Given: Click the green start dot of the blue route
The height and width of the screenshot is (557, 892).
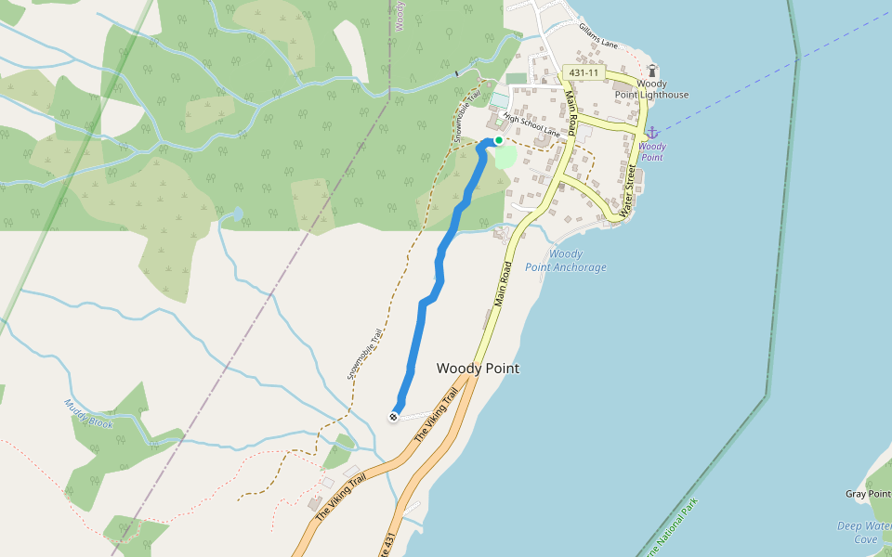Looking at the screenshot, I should pos(499,140).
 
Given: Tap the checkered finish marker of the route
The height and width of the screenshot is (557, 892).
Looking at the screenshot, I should pos(394,417).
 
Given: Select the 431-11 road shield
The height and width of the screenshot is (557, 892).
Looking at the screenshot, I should pos(584,71).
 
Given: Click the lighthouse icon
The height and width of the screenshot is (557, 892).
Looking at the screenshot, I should pos(652,70).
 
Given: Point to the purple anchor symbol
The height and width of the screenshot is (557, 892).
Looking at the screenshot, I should pos(652,133).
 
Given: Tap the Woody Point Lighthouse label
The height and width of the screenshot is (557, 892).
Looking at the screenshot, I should pos(652,89).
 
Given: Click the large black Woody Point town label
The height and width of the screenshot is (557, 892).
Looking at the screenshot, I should pos(478,369).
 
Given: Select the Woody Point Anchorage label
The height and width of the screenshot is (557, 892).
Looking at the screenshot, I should pos(566,261).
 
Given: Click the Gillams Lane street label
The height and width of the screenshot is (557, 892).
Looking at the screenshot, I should pos(598,37).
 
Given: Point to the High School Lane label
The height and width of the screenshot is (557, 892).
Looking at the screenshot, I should pos(531,125).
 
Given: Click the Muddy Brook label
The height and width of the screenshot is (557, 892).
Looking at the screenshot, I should pos(88,413).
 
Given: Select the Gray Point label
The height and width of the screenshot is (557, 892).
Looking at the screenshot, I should pos(868,494).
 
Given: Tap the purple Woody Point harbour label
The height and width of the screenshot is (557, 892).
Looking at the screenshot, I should pos(652,151).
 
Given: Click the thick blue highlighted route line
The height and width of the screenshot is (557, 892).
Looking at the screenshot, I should pos(439,269).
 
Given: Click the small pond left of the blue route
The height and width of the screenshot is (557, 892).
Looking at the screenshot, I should pos(236,214).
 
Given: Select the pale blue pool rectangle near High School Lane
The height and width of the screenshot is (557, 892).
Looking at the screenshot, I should pos(499,99).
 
